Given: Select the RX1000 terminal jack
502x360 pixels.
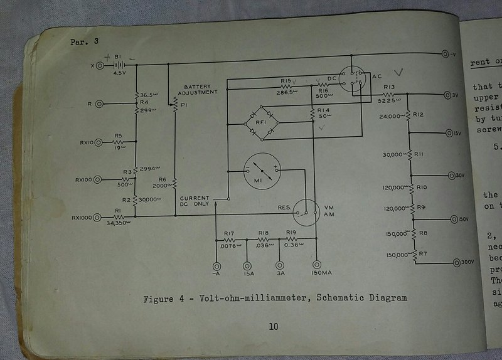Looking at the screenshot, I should tap(99, 218).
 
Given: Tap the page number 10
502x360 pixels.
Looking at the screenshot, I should tap(273, 326).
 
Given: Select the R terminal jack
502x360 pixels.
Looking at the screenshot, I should tap(99, 103).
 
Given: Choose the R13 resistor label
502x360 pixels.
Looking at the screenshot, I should tap(389, 87).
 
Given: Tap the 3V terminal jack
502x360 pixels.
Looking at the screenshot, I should tap(446, 95).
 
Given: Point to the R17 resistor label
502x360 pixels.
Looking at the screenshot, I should tap(228, 233).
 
